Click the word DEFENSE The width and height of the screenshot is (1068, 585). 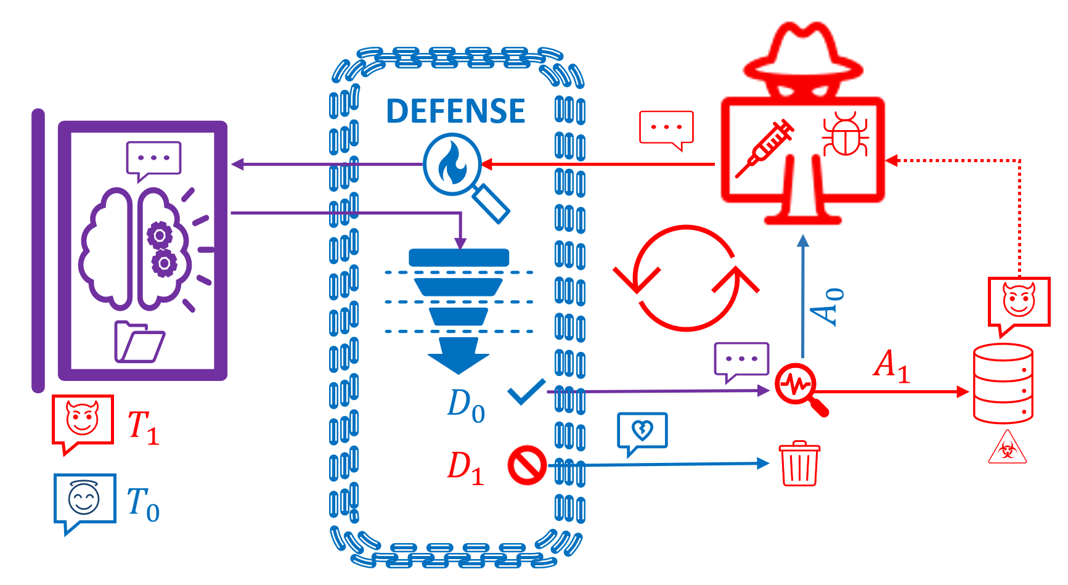pos(455,112)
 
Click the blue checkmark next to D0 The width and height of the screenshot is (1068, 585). pos(527,392)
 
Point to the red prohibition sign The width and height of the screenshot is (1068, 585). pos(528,465)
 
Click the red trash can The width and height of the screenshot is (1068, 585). pos(799,463)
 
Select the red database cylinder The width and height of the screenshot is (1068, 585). pos(1003,383)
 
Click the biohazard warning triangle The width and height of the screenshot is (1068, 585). pos(1007,448)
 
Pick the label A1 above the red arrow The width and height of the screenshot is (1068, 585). pos(892,366)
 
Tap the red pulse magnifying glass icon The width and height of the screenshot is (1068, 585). pos(799,388)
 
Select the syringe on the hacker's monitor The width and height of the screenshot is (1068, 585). pos(765,148)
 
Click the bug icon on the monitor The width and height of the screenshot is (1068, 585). pos(846,134)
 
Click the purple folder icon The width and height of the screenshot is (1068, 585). pos(139,342)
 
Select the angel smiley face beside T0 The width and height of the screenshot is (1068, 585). pos(84,498)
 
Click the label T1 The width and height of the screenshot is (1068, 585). pos(143,427)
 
